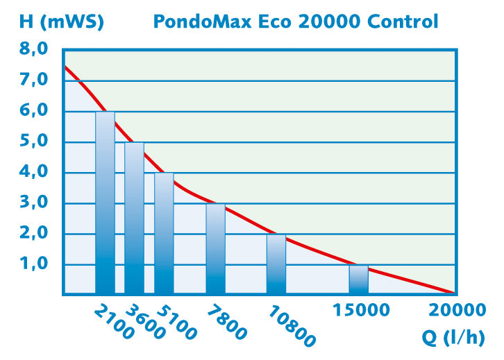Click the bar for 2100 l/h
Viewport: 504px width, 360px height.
pyautogui.click(x=105, y=203)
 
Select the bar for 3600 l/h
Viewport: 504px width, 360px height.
pyautogui.click(x=134, y=218)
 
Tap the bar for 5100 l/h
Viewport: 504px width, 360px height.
pyautogui.click(x=164, y=233)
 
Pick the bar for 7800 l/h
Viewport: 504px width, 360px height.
pyautogui.click(x=215, y=248)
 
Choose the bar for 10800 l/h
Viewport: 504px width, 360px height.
pyautogui.click(x=276, y=264)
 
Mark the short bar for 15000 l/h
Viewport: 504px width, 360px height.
pyautogui.click(x=358, y=279)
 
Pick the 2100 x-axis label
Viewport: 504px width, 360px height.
pyautogui.click(x=114, y=320)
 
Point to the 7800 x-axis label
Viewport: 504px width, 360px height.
pyautogui.click(x=226, y=321)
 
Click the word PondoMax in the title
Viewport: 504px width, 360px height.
pyautogui.click(x=197, y=22)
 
